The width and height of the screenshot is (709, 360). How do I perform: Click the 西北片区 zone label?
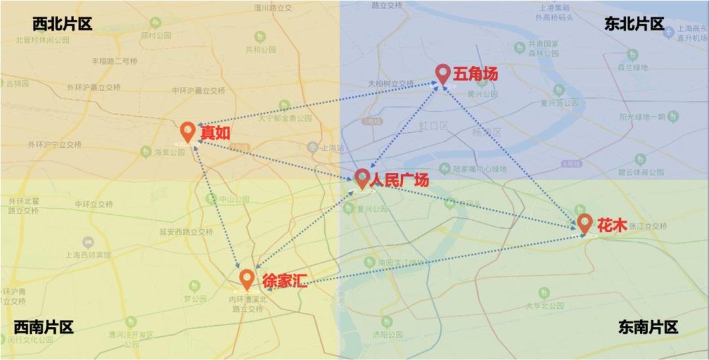pos(62,24)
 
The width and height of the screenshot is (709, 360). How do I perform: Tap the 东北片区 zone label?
pos(634,24)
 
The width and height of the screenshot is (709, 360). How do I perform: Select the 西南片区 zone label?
pos(44,327)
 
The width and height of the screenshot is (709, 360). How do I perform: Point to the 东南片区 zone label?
pos(648,327)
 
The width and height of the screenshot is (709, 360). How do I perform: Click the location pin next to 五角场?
pos(444,74)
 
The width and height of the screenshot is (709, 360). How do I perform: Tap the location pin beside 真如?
pos(188,131)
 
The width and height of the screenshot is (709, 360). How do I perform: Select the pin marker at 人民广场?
pos(362,178)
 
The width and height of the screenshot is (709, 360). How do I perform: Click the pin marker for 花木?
pos(584,223)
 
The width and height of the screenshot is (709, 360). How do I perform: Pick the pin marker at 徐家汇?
pos(246,279)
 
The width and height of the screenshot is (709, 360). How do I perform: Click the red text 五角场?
pos(475,74)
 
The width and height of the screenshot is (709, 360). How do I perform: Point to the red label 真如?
pos(215,132)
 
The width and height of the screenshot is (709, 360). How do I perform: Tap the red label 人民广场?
pos(399,179)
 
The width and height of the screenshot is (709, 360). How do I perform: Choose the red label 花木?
pos(608,223)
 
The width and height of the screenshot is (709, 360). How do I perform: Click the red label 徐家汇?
pos(285,281)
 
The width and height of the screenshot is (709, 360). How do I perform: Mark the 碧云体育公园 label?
pos(641,172)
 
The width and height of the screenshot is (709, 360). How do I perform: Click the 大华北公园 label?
pos(544,305)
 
